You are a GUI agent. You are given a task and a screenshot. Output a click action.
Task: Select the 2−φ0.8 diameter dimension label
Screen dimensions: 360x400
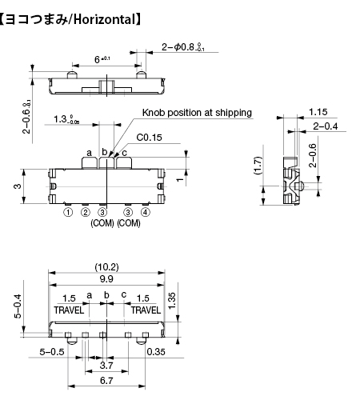click(183, 47)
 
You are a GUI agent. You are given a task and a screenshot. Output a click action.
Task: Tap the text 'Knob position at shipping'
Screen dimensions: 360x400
click(197, 113)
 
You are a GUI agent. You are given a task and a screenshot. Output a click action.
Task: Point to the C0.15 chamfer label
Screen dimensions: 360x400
click(149, 138)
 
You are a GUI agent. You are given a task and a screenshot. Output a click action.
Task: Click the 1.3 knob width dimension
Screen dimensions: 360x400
click(66, 119)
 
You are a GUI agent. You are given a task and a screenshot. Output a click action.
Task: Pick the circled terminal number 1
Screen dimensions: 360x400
click(68, 212)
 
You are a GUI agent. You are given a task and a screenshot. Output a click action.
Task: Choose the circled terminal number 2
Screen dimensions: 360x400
click(86, 212)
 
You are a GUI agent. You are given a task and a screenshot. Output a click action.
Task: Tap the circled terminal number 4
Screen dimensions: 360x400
click(146, 212)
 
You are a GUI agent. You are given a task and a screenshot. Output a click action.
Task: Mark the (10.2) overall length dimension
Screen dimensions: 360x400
click(106, 267)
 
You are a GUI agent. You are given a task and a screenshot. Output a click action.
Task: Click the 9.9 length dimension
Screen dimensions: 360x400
click(106, 279)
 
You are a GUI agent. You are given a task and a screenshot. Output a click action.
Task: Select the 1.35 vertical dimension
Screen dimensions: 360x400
click(172, 301)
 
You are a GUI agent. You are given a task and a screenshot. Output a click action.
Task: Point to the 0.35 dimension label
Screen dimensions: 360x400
click(156, 352)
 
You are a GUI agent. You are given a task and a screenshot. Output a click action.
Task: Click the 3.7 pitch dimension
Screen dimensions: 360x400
click(106, 366)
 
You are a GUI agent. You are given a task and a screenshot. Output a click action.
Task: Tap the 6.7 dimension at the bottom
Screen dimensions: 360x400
click(106, 381)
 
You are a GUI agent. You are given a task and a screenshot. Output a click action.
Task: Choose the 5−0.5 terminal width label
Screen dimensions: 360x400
click(52, 352)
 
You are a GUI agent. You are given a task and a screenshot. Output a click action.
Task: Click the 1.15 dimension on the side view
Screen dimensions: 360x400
click(318, 112)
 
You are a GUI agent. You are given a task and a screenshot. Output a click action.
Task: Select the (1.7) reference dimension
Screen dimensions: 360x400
click(258, 166)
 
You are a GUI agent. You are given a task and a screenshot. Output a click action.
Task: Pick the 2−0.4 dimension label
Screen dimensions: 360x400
click(326, 126)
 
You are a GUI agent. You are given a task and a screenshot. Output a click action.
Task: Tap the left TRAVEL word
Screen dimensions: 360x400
click(69, 310)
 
